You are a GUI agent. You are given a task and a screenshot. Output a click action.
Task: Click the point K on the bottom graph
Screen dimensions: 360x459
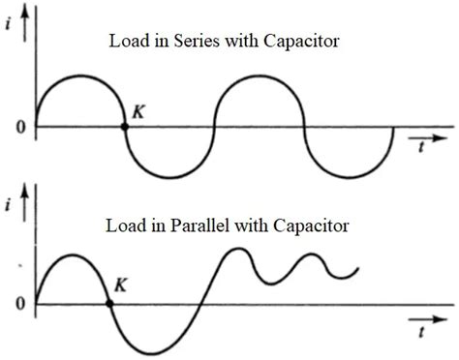(x=109, y=303)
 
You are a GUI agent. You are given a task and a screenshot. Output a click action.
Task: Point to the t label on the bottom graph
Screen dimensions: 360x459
(x=423, y=329)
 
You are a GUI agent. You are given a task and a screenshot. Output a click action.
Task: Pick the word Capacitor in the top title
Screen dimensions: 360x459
(x=315, y=43)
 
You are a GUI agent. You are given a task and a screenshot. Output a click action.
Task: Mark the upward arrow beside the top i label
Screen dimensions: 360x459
(x=37, y=15)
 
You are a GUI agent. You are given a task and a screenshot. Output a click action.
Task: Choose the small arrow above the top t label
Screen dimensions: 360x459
(x=422, y=135)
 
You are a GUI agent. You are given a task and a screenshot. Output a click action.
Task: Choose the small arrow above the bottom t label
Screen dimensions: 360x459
(x=422, y=315)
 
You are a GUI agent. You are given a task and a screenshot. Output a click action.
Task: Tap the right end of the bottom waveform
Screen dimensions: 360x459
(x=359, y=269)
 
